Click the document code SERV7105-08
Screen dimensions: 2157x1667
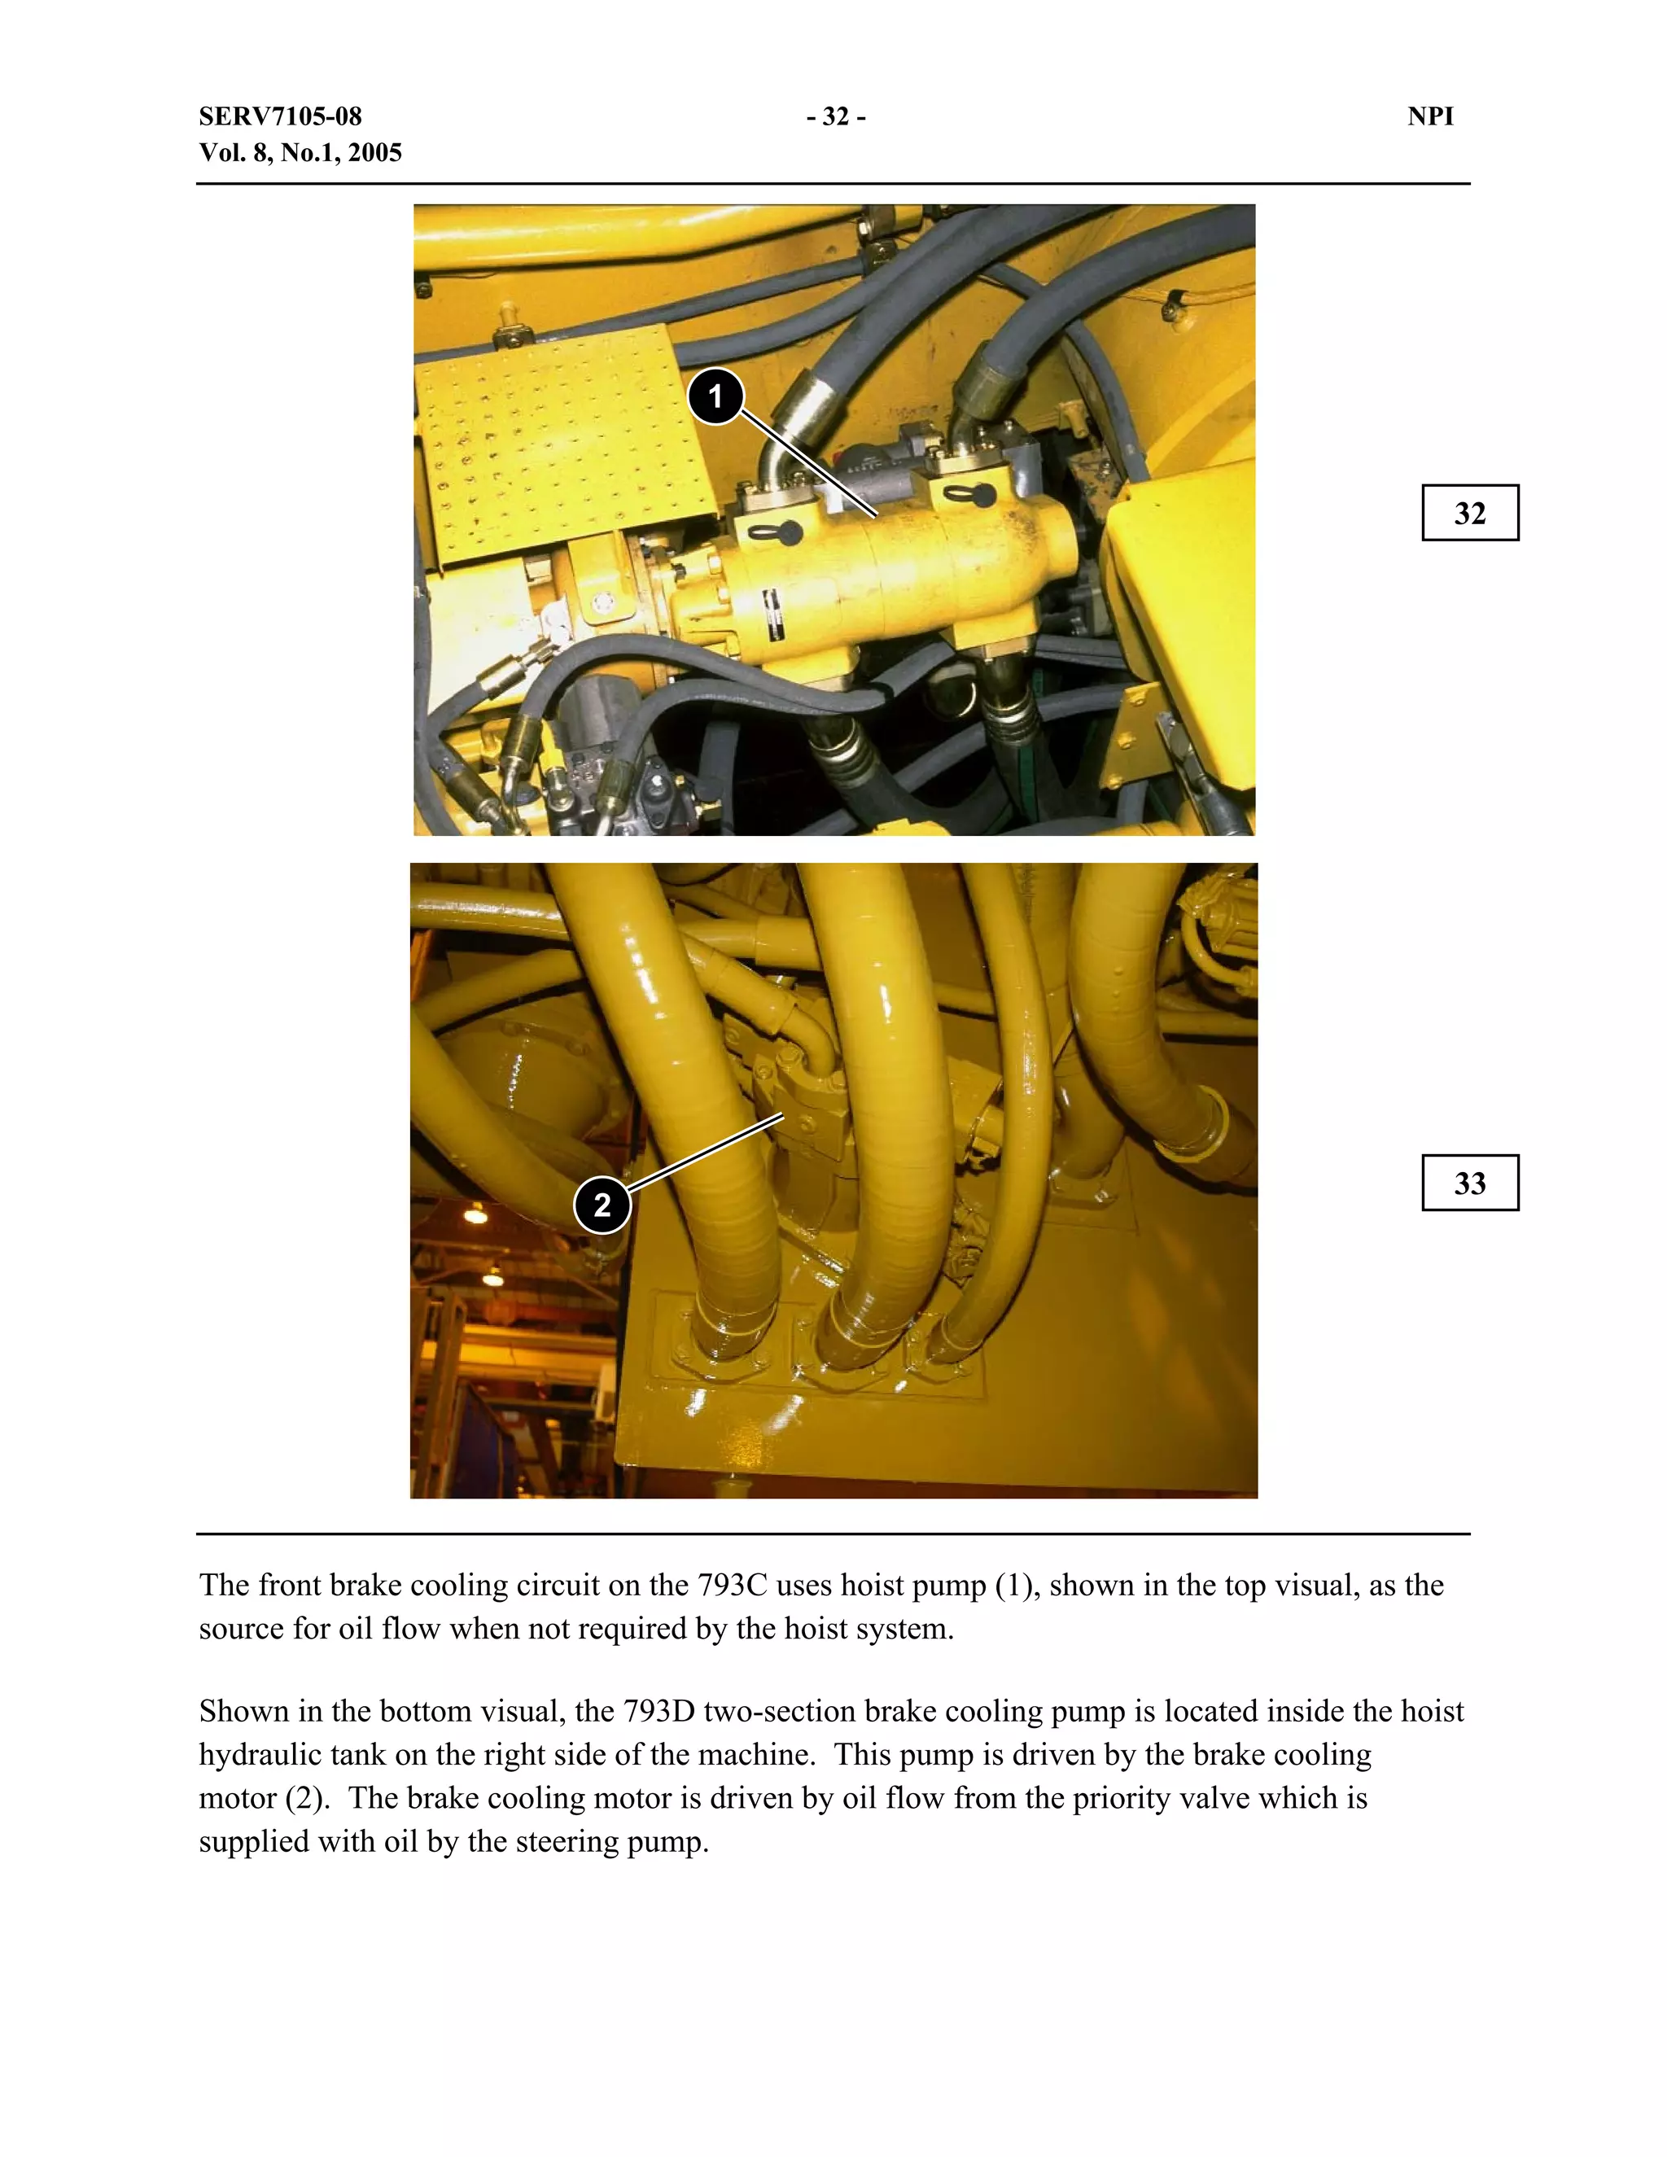(281, 116)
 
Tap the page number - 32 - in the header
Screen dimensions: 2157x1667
(835, 116)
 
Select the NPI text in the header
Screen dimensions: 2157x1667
(1430, 116)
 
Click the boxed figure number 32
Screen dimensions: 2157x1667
(1469, 514)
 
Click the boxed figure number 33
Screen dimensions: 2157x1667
(1469, 1184)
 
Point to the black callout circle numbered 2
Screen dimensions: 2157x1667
(602, 1205)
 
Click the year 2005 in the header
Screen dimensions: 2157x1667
(375, 153)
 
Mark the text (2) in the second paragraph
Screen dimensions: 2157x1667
(307, 1799)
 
